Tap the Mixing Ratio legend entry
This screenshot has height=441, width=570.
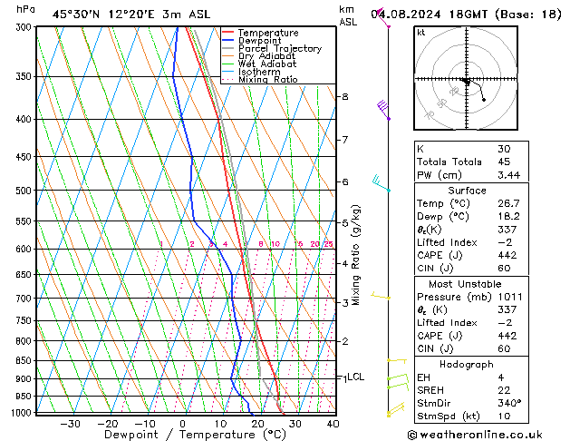[267, 80]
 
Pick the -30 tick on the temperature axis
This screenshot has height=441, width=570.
[70, 424]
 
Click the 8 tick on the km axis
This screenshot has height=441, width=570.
[344, 96]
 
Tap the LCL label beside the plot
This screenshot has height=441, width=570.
[355, 377]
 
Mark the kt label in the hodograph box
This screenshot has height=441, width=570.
[421, 33]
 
